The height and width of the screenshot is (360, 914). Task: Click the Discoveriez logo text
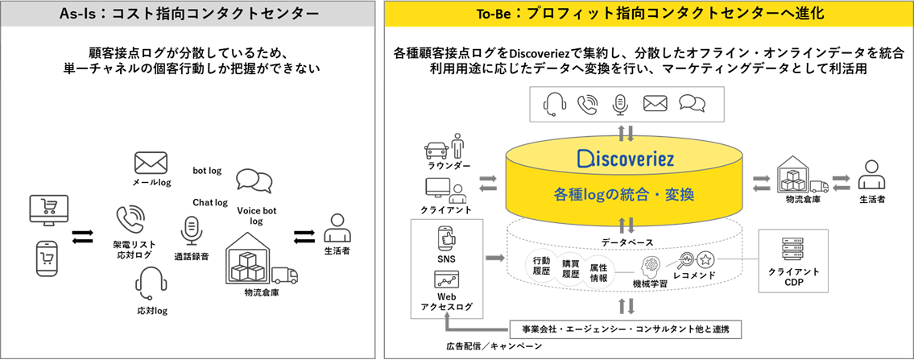[625, 158]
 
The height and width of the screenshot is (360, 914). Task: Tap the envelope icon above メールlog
[151, 164]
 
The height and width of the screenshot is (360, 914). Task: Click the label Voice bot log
[256, 216]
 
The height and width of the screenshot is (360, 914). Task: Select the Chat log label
[209, 202]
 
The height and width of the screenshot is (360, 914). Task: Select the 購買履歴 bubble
[570, 267]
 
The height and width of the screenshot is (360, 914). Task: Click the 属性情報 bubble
[598, 272]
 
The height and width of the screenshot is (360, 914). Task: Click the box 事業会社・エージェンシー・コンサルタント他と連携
[625, 329]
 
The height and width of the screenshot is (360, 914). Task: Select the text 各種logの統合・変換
[624, 195]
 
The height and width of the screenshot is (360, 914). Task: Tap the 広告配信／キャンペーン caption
[494, 346]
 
